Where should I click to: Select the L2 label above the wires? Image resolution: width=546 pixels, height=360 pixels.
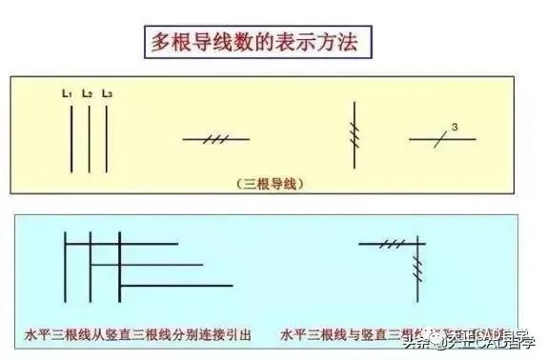click(87, 93)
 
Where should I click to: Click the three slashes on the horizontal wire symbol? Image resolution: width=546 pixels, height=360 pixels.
click(215, 139)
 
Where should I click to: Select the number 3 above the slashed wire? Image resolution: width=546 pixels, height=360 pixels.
click(455, 127)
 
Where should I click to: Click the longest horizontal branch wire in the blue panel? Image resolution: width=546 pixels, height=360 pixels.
click(176, 285)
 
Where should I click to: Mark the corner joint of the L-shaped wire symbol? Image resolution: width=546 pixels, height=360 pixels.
click(420, 245)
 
